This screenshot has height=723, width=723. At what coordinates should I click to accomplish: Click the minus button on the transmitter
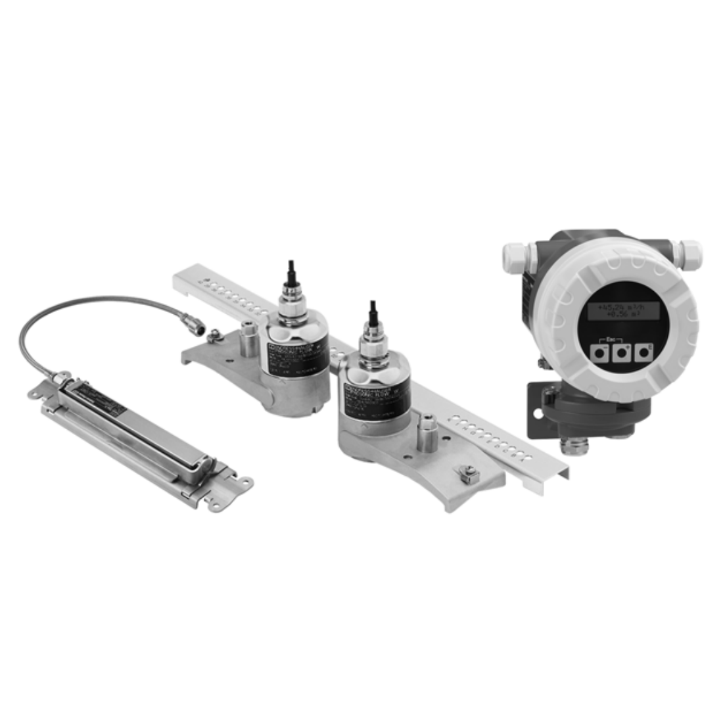[599, 354]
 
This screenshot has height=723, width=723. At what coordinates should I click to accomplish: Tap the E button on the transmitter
[642, 353]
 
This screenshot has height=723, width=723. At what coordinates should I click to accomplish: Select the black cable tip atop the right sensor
[373, 310]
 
